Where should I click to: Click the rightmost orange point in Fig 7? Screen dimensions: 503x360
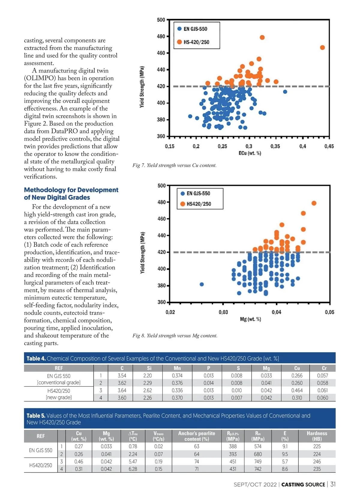click(322, 48)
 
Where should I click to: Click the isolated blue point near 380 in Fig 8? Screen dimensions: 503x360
click(202, 284)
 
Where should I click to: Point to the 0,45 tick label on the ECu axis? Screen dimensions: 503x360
click(329, 147)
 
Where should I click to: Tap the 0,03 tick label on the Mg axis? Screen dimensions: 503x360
click(223, 312)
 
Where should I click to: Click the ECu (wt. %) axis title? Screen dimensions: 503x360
click(250, 153)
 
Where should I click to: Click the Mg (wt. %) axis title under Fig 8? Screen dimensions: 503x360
click(250, 320)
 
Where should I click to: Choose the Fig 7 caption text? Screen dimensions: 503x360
click(174, 165)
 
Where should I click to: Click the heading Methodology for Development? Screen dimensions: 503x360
click(71, 190)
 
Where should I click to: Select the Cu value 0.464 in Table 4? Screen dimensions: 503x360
click(297, 391)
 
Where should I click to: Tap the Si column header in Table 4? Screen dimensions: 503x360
click(149, 368)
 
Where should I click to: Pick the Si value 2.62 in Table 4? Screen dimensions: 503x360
click(147, 391)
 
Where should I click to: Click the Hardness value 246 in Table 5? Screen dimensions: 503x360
click(317, 462)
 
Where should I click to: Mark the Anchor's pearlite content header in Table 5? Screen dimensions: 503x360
click(196, 436)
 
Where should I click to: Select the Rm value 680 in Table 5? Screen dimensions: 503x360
click(258, 454)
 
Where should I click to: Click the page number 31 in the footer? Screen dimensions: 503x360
click(333, 484)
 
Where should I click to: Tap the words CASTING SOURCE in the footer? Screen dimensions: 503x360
click(303, 485)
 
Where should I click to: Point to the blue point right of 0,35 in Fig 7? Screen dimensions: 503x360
click(285, 92)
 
